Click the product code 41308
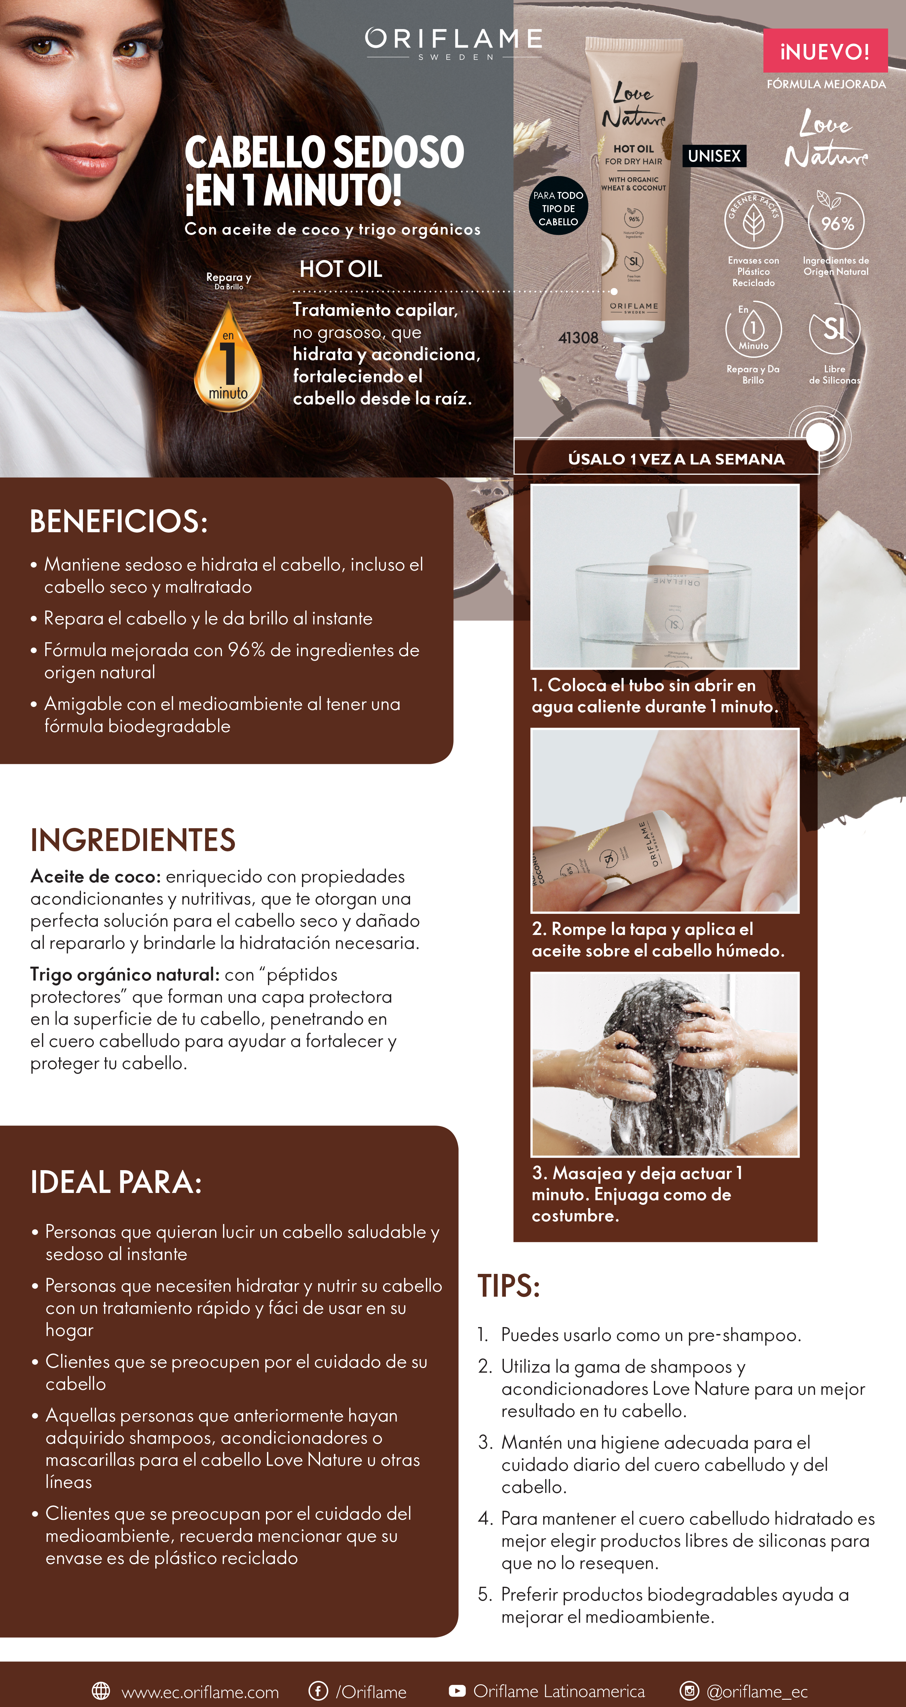(578, 338)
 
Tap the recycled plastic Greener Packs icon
(754, 221)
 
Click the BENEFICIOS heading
(119, 522)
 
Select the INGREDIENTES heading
(132, 840)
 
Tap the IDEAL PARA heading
(116, 1182)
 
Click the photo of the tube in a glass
(665, 576)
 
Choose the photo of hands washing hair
(665, 1064)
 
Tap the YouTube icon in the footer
(457, 1691)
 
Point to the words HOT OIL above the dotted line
(341, 269)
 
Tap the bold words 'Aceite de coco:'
(95, 877)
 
